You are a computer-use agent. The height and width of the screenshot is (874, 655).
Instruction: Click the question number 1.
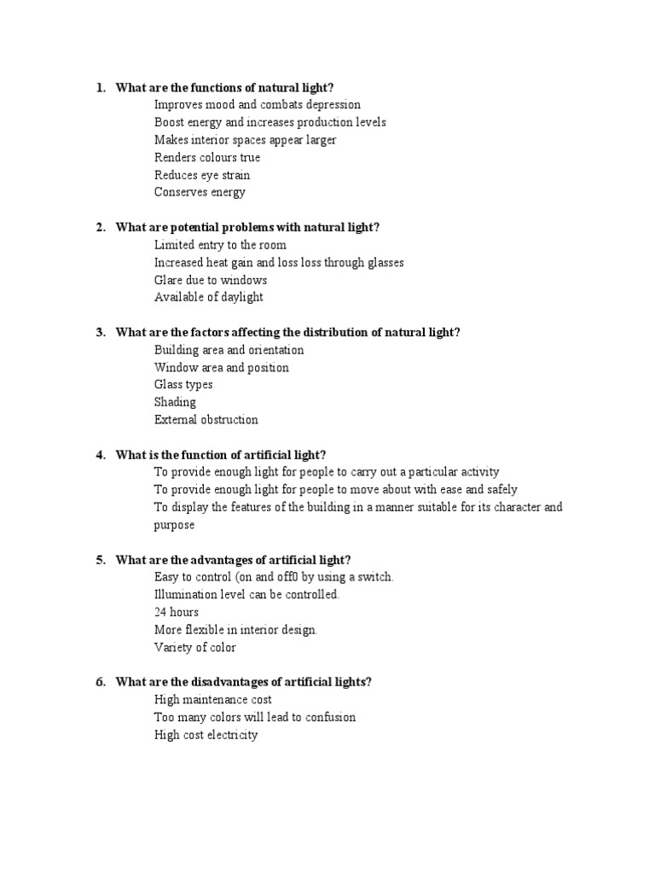pos(100,87)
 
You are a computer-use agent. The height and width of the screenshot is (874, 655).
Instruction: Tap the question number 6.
pos(100,682)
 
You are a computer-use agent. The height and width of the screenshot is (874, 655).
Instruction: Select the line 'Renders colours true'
pos(207,157)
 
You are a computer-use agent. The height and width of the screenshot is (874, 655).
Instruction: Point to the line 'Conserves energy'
pos(200,192)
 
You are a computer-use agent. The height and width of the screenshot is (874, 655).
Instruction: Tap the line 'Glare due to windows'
pos(211,280)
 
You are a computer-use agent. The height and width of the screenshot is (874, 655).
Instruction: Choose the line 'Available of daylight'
pos(209,297)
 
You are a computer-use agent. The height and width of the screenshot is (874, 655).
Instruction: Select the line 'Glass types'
pos(183,385)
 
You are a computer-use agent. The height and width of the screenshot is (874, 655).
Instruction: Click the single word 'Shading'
pos(175,402)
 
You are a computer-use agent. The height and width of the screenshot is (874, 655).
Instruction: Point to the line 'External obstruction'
pos(206,420)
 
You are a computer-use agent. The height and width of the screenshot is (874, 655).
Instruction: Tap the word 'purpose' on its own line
pos(174,525)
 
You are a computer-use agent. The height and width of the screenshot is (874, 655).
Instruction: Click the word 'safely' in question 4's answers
pos(499,490)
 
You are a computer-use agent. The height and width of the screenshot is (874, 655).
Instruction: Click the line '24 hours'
pos(177,612)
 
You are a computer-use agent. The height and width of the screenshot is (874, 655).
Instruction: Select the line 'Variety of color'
pos(195,647)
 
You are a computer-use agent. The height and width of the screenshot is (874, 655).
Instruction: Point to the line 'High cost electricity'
pos(206,735)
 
